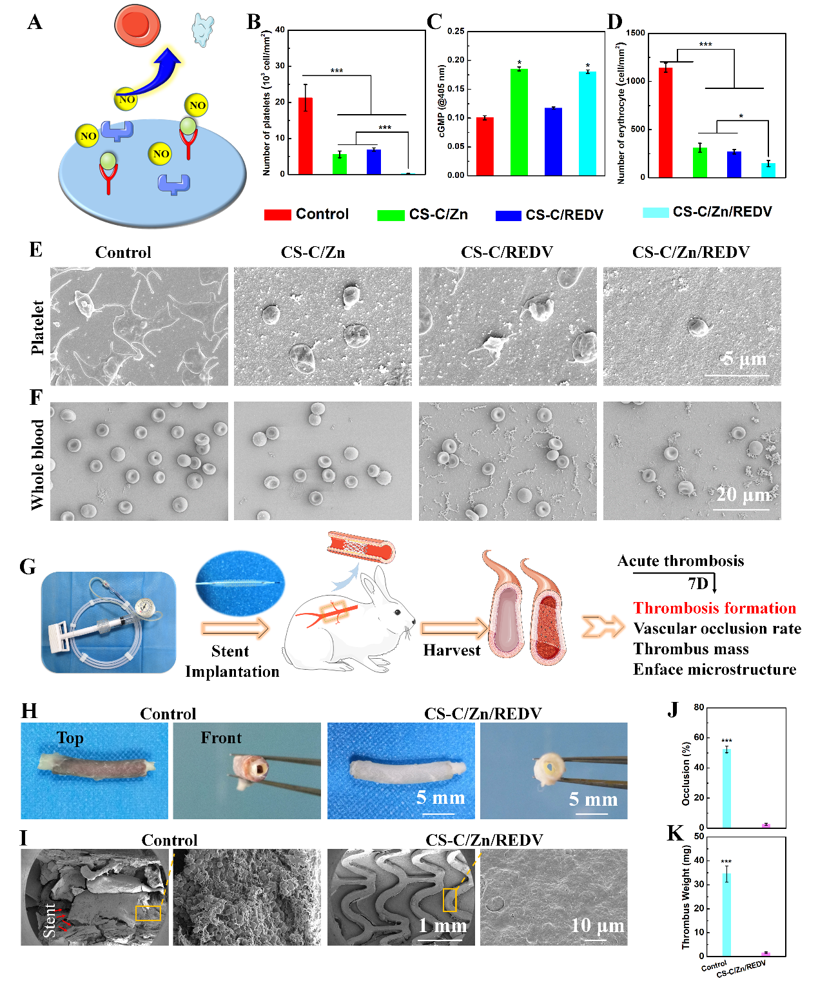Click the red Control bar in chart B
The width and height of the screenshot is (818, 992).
point(306,136)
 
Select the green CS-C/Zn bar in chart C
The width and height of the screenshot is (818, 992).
point(519,122)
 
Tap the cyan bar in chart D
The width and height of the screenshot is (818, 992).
point(768,170)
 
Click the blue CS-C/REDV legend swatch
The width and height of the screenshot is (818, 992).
point(508,215)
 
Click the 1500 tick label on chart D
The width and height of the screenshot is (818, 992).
point(636,33)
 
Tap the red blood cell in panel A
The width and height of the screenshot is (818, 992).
point(137,24)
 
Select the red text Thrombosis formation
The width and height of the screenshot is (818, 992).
point(714,608)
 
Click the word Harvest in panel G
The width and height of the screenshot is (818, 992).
point(451,650)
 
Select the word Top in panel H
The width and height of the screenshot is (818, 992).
point(70,738)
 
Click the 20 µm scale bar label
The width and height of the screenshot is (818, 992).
point(743,494)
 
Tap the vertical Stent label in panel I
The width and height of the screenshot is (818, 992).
point(49,920)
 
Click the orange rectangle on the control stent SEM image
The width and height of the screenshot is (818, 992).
point(148,913)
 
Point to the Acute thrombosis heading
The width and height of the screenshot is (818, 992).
point(680,561)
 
